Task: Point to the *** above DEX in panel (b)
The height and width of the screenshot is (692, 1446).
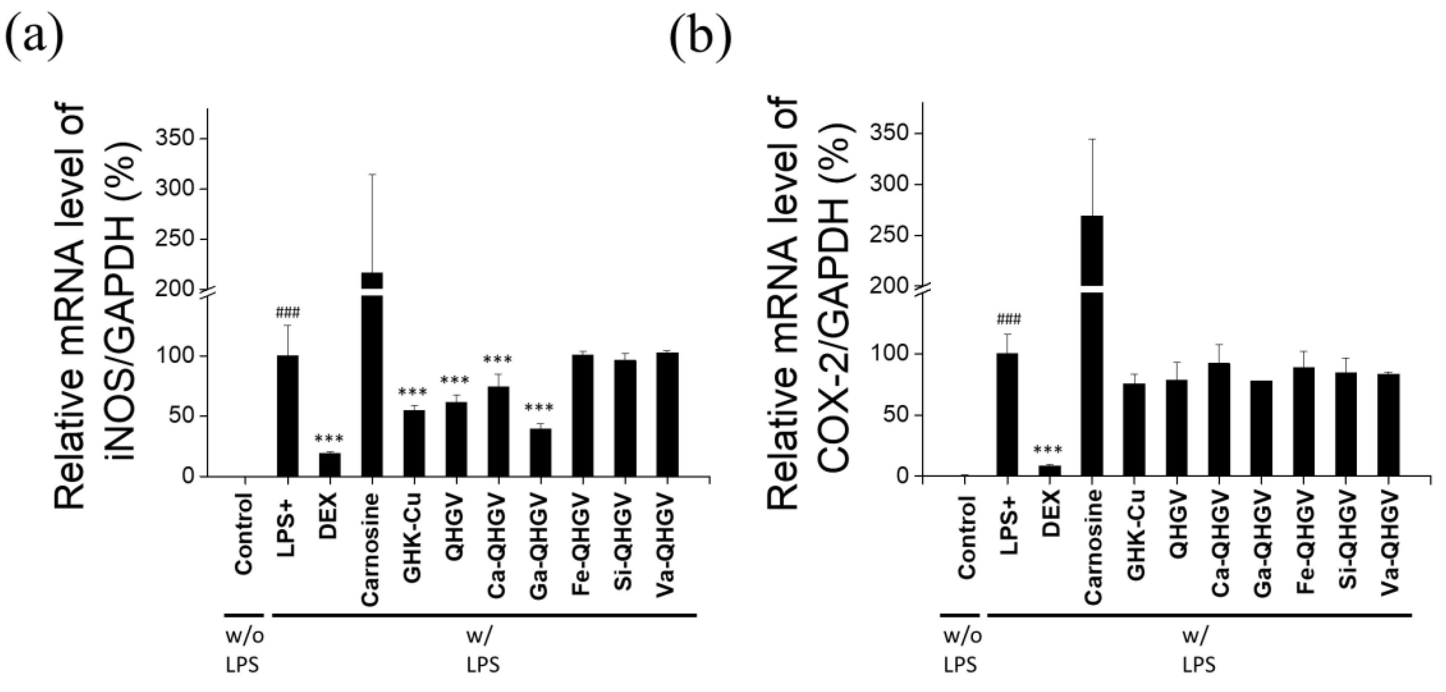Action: (x=1048, y=450)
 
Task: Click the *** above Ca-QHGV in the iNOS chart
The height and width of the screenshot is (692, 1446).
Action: (x=498, y=360)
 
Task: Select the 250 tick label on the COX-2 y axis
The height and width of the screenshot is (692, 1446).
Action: (x=892, y=235)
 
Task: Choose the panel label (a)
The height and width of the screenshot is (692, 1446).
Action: (x=34, y=39)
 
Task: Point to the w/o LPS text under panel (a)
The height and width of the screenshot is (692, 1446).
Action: (x=244, y=651)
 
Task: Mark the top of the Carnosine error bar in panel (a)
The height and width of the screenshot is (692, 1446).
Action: (x=372, y=175)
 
